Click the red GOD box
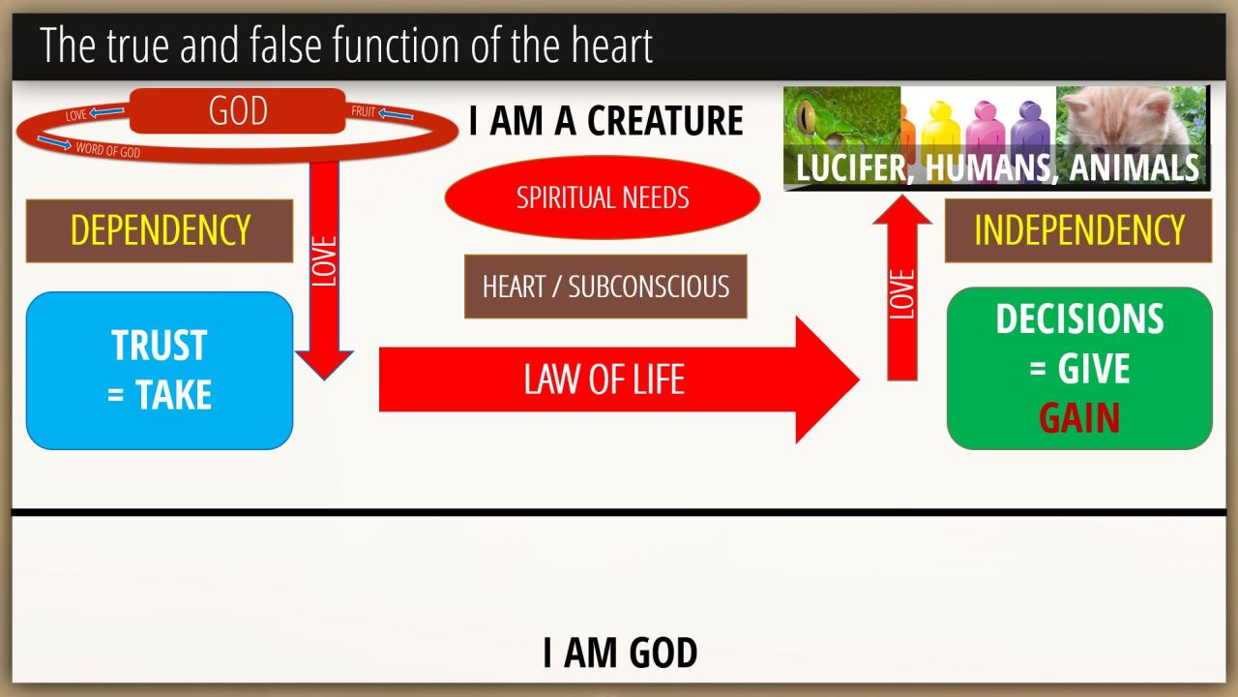pos(238,110)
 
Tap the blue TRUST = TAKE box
pos(160,371)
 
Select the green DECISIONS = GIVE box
pos(1079,369)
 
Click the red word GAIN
pos(1079,418)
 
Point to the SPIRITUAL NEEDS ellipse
pos(603,197)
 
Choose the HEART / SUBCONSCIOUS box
pos(605,287)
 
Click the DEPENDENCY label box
pos(160,230)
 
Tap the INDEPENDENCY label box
pos(1078,230)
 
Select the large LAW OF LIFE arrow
pos(619,379)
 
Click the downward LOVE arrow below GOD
pos(324,271)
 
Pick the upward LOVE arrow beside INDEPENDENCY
pos(902,288)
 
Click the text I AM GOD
pos(620,652)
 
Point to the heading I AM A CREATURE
pos(606,121)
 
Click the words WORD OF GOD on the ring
pos(108,150)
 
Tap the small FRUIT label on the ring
pos(363,111)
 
